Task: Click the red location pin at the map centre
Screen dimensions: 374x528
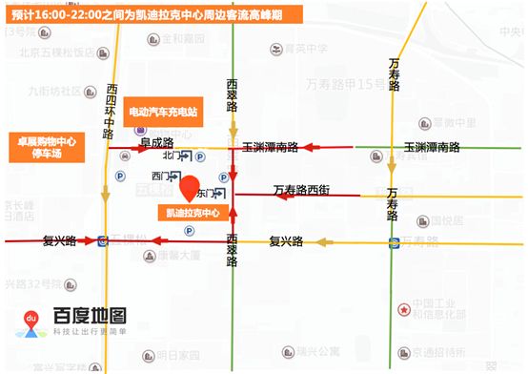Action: coord(190,187)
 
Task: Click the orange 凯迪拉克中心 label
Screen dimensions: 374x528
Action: coord(192,213)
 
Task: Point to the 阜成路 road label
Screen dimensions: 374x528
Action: coord(156,142)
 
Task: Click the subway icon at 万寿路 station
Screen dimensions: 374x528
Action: coord(394,242)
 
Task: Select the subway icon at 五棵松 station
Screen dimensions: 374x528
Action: coord(102,240)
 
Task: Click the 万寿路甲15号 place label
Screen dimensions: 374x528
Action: coord(346,85)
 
